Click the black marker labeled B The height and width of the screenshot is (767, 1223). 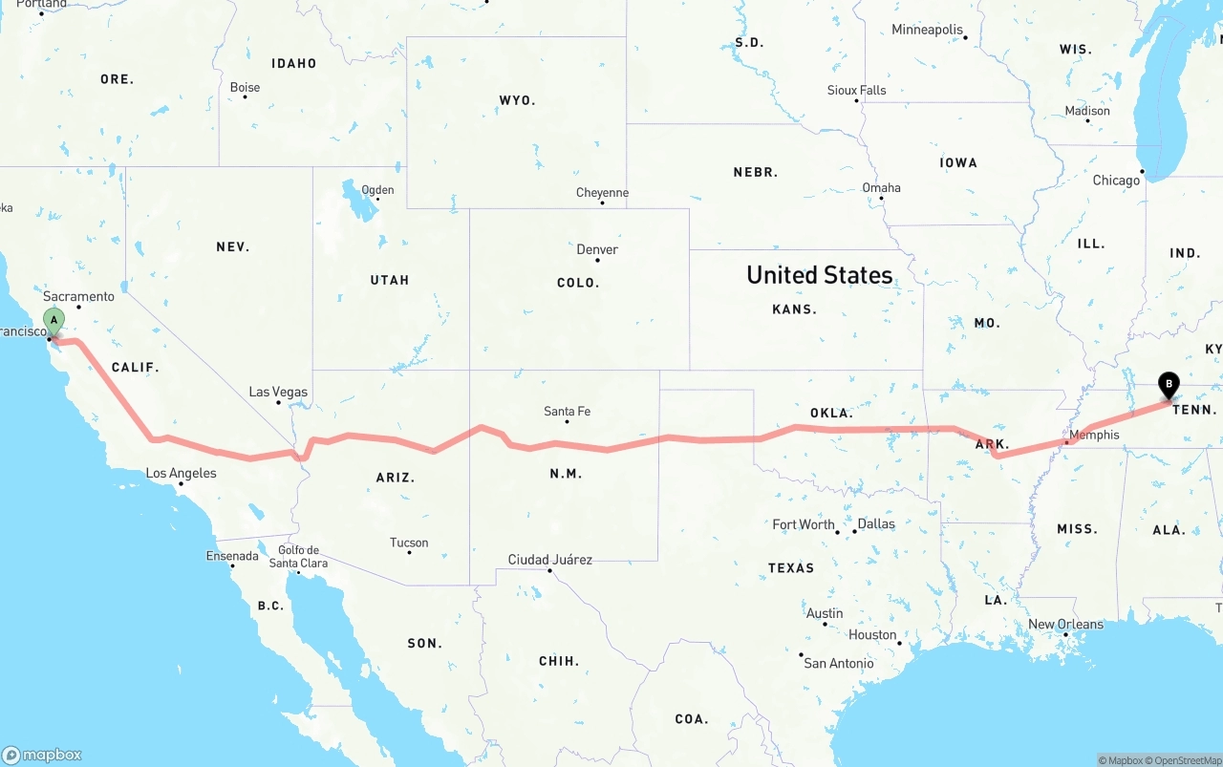pyautogui.click(x=1168, y=385)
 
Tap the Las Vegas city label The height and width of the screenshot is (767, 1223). pyautogui.click(x=278, y=392)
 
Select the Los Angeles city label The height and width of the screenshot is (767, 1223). pyautogui.click(x=181, y=473)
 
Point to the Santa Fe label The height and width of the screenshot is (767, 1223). pyautogui.click(x=567, y=412)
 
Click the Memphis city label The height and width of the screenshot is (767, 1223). pyautogui.click(x=1094, y=435)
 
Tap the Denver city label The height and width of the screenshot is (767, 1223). pyautogui.click(x=597, y=249)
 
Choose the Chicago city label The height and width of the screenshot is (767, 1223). pyautogui.click(x=1116, y=180)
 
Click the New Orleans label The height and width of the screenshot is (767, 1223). pyautogui.click(x=1065, y=625)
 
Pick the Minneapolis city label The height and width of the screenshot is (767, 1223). pyautogui.click(x=927, y=30)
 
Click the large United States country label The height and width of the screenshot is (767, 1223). pyautogui.click(x=820, y=275)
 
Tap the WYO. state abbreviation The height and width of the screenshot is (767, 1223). pyautogui.click(x=517, y=100)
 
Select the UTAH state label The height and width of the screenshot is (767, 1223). pyautogui.click(x=389, y=280)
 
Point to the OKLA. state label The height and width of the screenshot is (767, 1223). pyautogui.click(x=831, y=413)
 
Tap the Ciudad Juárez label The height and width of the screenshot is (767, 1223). pyautogui.click(x=549, y=560)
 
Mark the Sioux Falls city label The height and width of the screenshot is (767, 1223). pyautogui.click(x=856, y=91)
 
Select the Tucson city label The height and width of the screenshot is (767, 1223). pyautogui.click(x=409, y=543)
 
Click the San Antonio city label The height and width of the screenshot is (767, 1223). pyautogui.click(x=838, y=663)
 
